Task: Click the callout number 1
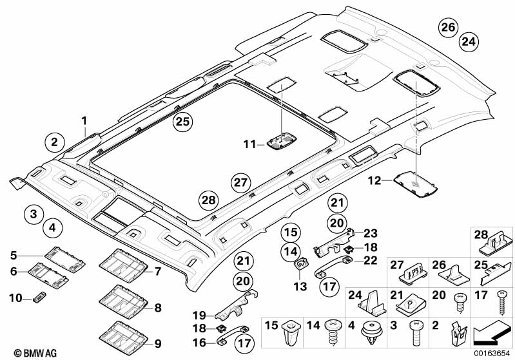pyautogui.click(x=83, y=120)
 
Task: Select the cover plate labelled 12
pyautogui.click(x=417, y=184)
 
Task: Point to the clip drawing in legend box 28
pyautogui.click(x=494, y=245)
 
